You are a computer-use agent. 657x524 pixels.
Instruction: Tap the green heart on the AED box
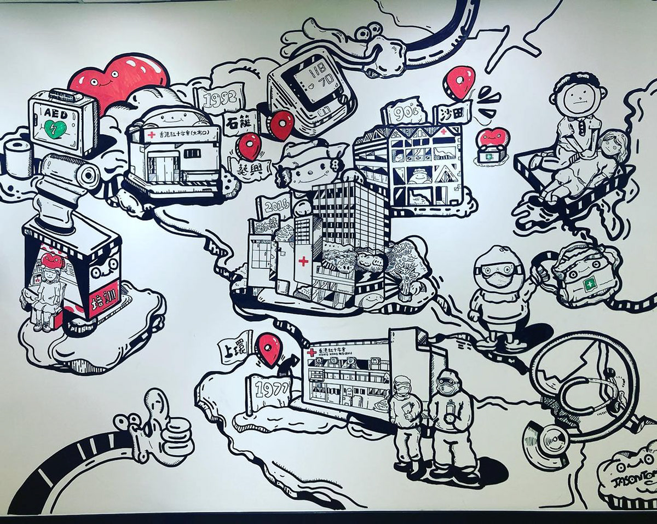56,129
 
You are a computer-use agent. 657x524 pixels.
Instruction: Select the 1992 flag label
218,99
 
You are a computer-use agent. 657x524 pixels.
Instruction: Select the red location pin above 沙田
459,81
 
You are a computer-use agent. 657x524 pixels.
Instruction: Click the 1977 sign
268,390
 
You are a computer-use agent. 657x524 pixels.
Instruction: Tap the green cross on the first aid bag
589,284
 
